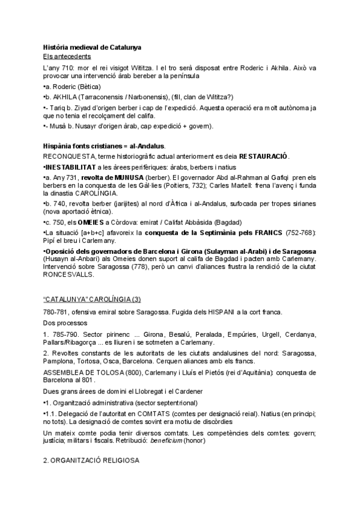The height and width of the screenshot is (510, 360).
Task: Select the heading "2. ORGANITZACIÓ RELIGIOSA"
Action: click(x=91, y=460)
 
